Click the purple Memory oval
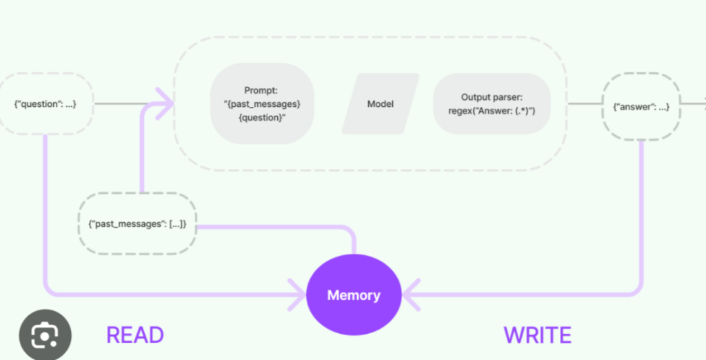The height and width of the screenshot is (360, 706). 353,295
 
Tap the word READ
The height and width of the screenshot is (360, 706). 135,336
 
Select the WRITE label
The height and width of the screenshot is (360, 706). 537,336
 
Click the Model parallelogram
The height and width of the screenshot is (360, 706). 381,104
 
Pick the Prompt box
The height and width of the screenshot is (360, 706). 262,104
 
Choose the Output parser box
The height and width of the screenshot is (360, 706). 492,104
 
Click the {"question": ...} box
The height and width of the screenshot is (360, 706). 45,104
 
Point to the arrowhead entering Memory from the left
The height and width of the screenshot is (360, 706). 298,295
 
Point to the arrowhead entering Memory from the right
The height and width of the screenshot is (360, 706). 410,295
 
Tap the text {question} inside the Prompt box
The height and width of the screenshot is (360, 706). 262,118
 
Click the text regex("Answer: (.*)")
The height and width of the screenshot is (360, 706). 492,111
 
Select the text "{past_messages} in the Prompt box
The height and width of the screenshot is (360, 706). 262,104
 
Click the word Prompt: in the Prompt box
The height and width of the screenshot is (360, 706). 262,90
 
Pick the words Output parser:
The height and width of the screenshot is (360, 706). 492,98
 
